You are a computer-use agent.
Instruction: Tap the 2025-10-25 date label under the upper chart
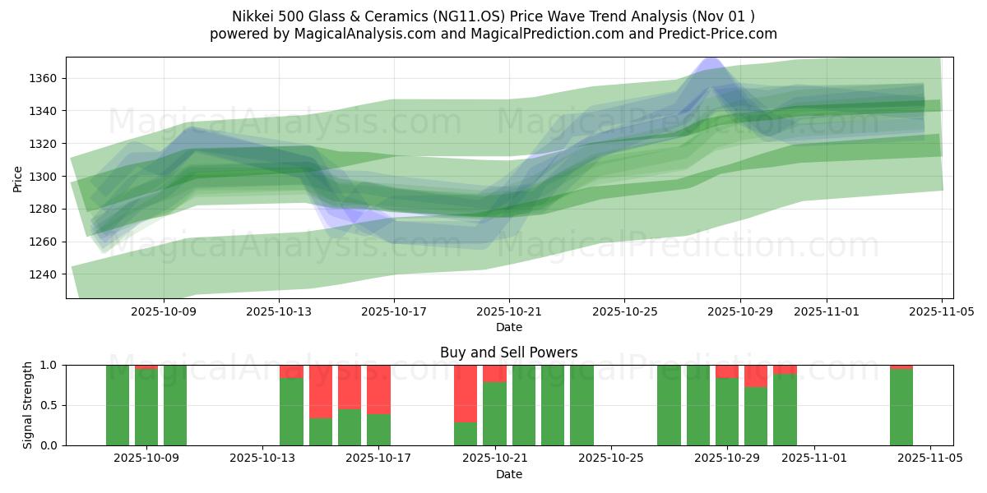[x=623, y=312]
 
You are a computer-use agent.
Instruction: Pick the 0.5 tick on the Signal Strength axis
[x=49, y=405]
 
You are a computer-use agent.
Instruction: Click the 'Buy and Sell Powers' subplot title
[x=508, y=352]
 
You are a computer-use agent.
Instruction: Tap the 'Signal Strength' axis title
[x=27, y=404]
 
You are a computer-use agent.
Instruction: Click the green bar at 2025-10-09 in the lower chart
[x=146, y=407]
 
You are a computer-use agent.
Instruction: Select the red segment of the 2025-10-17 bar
[x=378, y=389]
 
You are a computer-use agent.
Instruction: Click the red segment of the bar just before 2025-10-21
[x=466, y=393]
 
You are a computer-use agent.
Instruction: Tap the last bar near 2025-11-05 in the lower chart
[x=901, y=407]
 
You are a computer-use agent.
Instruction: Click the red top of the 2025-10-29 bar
[x=727, y=371]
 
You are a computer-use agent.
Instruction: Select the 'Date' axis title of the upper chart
[x=508, y=327]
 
